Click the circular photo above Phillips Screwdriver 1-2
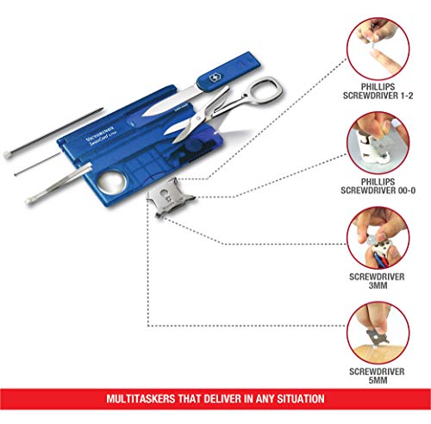pos(378,48)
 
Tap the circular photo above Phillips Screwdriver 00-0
pos(378,143)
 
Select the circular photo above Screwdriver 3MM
pos(378,238)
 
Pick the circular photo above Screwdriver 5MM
pos(378,333)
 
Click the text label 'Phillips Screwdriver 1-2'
pos(378,91)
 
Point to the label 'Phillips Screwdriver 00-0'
pos(378,186)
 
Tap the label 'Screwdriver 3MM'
pos(377,281)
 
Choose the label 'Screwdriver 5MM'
pos(377,376)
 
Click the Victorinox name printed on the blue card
pos(100,134)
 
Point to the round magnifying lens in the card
pos(112,182)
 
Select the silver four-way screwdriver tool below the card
pos(170,196)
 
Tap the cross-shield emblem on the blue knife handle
pos(215,78)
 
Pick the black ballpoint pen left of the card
pos(53,133)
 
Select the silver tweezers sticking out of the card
pos(59,184)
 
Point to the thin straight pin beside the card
pos(37,164)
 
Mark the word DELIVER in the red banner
pos(219,399)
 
